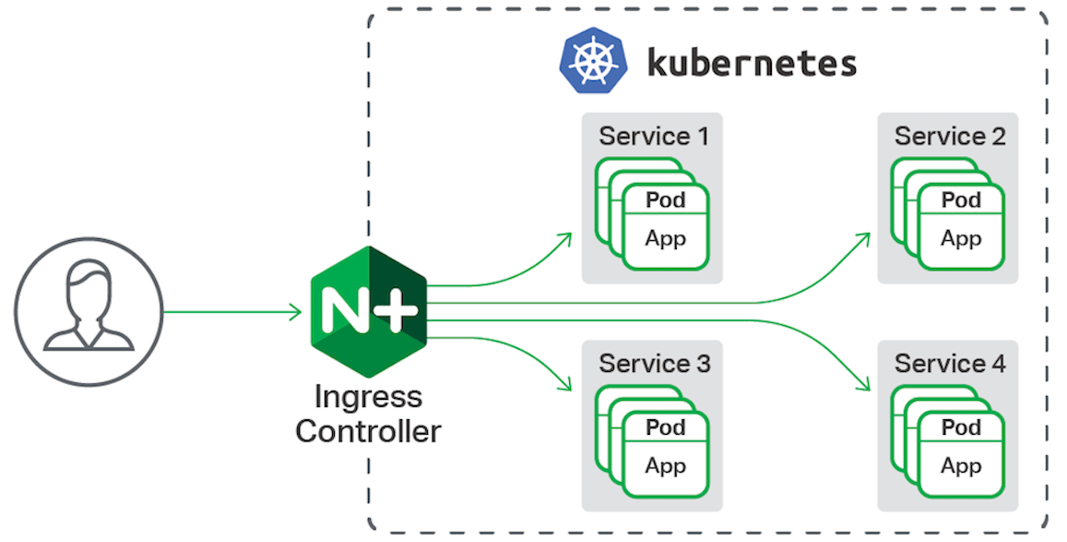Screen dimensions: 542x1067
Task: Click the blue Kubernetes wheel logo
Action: pyautogui.click(x=593, y=64)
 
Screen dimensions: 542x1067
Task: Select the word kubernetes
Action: pyautogui.click(x=752, y=64)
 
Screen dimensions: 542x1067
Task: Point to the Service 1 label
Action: pyautogui.click(x=654, y=137)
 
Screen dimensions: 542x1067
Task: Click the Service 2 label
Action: pyautogui.click(x=949, y=137)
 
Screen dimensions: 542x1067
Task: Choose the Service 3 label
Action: pyautogui.click(x=654, y=364)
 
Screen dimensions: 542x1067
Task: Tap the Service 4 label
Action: pyautogui.click(x=949, y=364)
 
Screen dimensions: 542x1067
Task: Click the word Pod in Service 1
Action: pyautogui.click(x=665, y=199)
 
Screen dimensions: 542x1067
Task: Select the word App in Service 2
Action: pyautogui.click(x=960, y=238)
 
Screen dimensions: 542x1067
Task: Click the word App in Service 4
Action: pyautogui.click(x=960, y=465)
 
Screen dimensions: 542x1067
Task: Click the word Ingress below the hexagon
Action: pyautogui.click(x=368, y=397)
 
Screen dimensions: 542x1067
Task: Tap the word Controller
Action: pyautogui.click(x=368, y=430)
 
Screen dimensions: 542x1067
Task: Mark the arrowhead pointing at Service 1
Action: pyautogui.click(x=565, y=238)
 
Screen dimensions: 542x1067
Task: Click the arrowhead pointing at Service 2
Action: pyautogui.click(x=864, y=237)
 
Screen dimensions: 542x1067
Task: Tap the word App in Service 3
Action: pyautogui.click(x=665, y=465)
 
